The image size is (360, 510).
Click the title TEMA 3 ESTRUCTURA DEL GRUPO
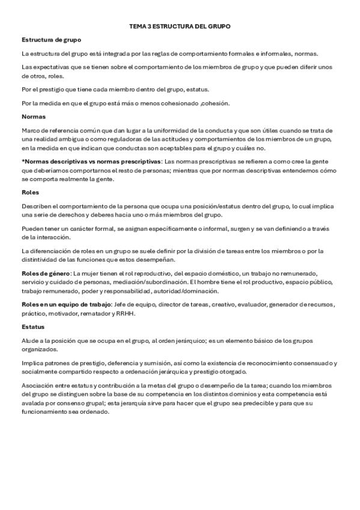click(x=180, y=27)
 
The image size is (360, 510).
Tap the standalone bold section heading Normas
click(x=34, y=116)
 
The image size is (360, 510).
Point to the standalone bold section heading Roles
click(x=30, y=193)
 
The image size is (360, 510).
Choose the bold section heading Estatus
click(x=33, y=327)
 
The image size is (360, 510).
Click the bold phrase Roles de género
click(x=46, y=274)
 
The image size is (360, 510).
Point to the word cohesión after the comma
click(x=216, y=103)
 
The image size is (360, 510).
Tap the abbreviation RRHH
click(x=127, y=313)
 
